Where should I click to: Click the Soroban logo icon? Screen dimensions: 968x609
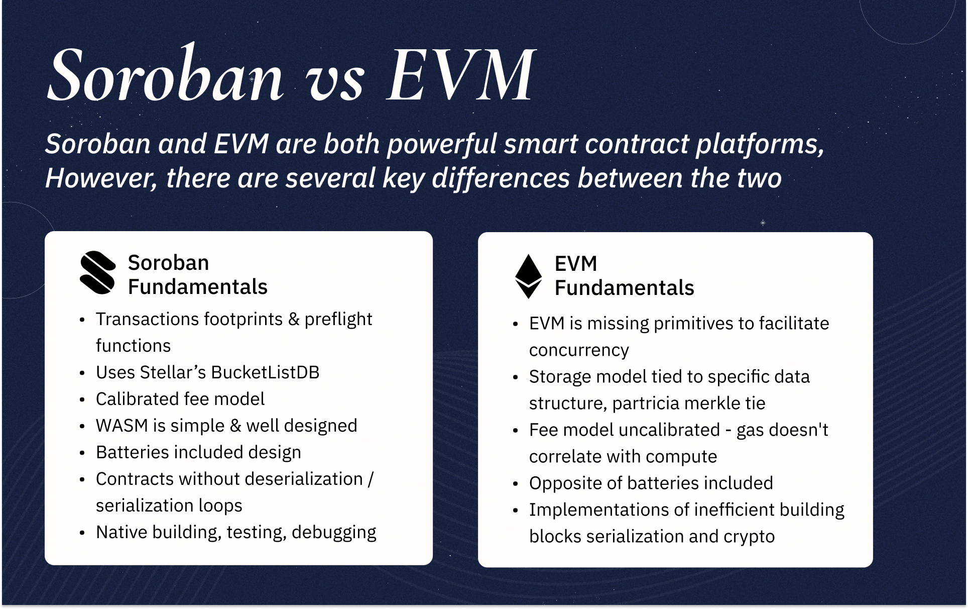click(98, 272)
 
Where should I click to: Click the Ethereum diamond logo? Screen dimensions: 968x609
click(529, 276)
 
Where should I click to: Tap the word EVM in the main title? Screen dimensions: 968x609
click(461, 76)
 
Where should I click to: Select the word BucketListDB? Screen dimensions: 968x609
click(265, 372)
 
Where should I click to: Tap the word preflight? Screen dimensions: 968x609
click(338, 320)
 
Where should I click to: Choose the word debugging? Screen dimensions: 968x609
click(334, 533)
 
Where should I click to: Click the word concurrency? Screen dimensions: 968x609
click(579, 350)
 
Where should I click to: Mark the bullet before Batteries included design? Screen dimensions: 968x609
click(82, 453)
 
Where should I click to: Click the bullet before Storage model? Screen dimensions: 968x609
click(515, 377)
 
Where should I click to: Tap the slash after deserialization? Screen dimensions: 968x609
click(371, 479)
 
